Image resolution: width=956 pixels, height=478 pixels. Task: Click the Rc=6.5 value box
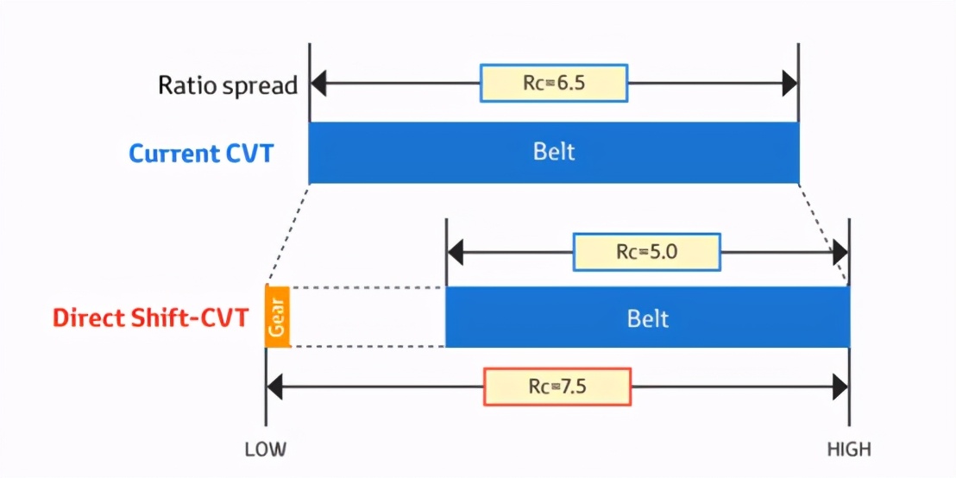point(554,83)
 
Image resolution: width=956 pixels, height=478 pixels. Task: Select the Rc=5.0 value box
point(646,251)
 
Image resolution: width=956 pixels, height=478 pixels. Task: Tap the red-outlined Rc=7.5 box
point(557,387)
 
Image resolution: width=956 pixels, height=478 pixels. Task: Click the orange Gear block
point(278,316)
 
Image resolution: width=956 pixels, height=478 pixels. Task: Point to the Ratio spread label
point(227,85)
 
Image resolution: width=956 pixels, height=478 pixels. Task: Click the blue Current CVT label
point(201,154)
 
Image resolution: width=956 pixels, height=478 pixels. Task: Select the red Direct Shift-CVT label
point(151,318)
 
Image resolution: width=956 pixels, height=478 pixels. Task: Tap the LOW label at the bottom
point(265,450)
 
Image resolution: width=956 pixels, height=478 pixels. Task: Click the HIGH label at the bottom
point(849,450)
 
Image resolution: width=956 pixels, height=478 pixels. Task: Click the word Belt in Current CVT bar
point(553,153)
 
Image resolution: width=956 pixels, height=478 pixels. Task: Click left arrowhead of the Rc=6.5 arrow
point(318,84)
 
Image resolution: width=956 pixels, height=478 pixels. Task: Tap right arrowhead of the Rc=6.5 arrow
point(790,84)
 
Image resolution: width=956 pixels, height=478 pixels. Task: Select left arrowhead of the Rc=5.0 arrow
point(455,252)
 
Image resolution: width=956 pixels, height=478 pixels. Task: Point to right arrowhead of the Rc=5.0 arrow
point(840,252)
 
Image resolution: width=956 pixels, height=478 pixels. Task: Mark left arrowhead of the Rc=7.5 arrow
point(274,387)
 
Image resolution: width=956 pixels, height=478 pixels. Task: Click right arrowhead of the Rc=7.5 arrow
point(840,387)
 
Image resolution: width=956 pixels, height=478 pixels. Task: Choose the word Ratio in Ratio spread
point(184,85)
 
